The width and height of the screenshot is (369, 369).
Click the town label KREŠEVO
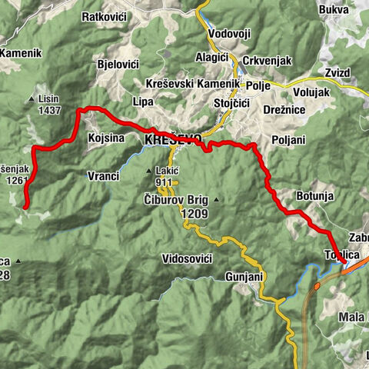point(173,140)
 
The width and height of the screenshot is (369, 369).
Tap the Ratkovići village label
point(106,15)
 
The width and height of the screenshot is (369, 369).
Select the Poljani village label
point(288,140)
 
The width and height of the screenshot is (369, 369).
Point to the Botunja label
point(314,196)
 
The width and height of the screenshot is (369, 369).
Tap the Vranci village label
point(103,176)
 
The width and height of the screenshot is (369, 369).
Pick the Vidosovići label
point(187,259)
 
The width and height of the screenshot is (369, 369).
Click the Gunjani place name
point(245,275)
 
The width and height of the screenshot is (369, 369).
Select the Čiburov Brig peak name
point(172,198)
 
